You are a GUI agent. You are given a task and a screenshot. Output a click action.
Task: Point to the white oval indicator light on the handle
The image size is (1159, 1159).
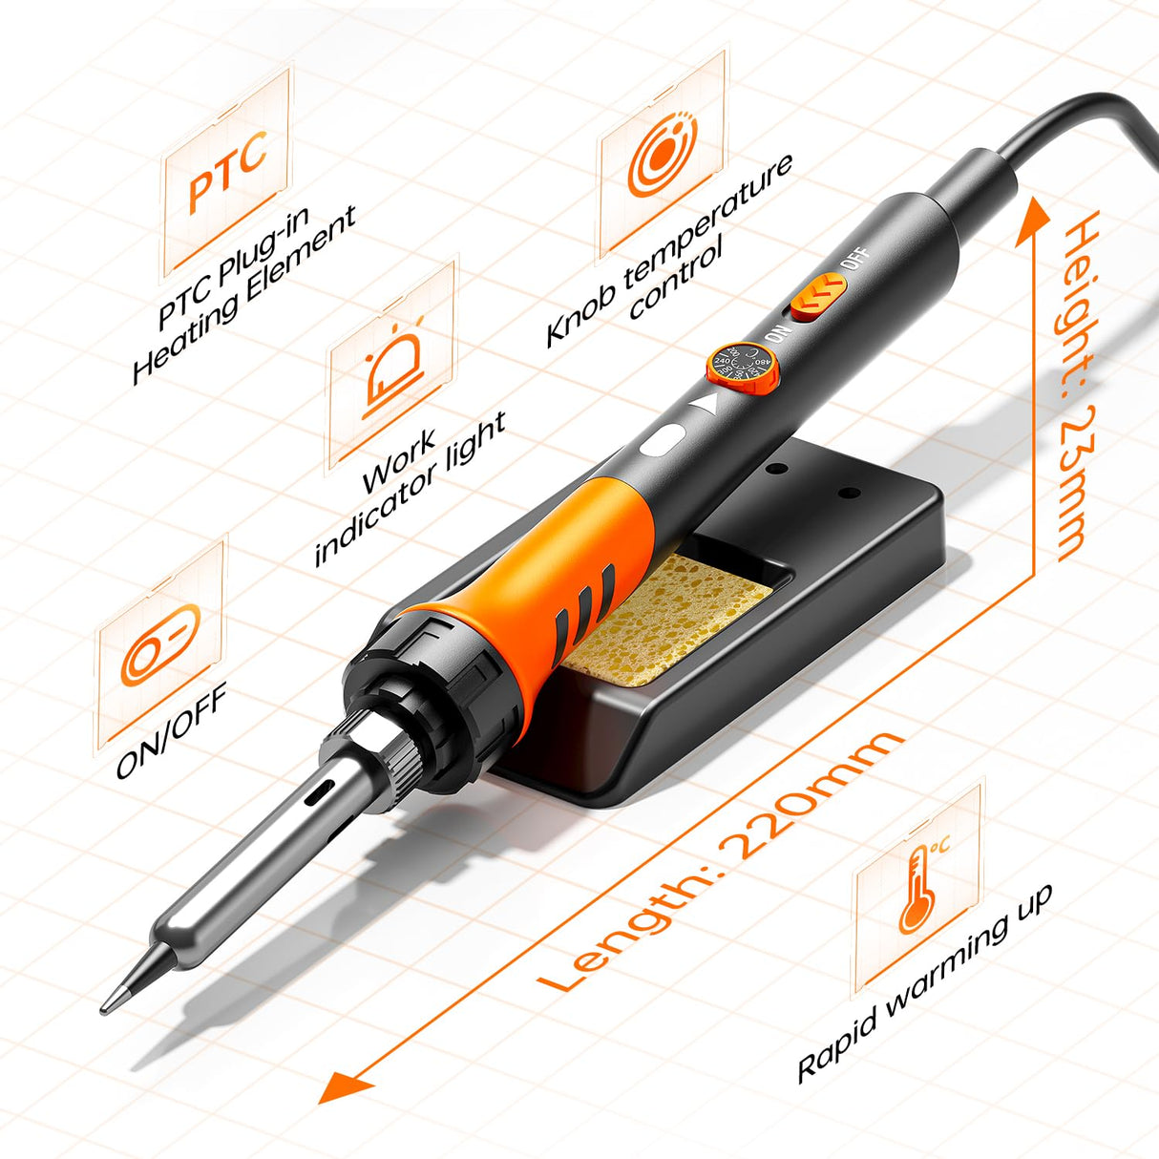(x=661, y=441)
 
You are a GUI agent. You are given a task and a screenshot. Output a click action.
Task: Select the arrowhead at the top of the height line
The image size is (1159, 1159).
(x=1034, y=216)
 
